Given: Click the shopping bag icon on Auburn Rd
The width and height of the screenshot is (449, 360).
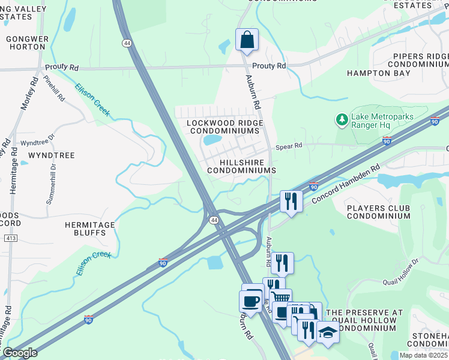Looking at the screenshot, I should coord(247,40).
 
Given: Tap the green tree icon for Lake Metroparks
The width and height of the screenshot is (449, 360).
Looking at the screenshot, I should coord(342,120).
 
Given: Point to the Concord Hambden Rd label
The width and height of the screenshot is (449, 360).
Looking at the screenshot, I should coord(347,184).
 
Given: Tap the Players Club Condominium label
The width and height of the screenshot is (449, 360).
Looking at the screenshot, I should coord(378,212).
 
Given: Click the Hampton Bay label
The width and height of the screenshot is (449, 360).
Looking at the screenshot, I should coord(378,73).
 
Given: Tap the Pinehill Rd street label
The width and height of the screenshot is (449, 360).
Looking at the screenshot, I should coord(53,88).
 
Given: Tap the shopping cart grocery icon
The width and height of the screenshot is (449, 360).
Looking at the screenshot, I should coord(280,298).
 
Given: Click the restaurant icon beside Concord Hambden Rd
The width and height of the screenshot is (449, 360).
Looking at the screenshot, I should coord(291,200).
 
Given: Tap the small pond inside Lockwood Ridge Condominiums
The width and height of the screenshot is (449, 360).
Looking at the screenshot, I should coord(212,140).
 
